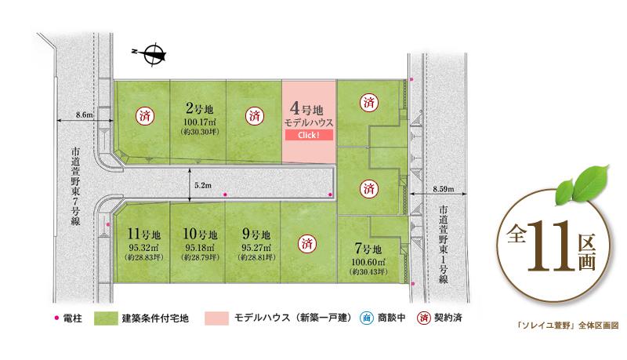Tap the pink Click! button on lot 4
tap(308, 136)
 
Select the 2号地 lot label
tap(200, 107)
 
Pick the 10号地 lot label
tap(199, 234)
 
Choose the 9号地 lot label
tap(254, 234)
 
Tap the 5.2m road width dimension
tap(201, 185)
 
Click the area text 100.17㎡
tap(199, 122)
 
